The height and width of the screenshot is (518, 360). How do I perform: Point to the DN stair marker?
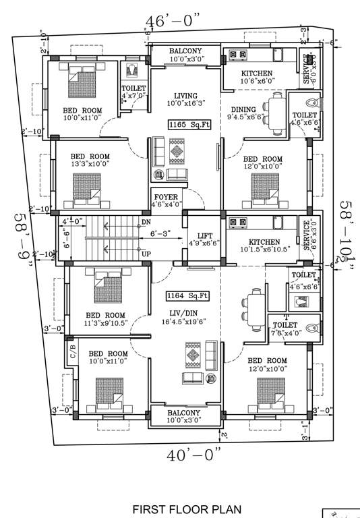146,222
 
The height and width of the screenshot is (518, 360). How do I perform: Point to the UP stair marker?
146,253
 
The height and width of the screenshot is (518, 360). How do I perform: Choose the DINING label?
243,109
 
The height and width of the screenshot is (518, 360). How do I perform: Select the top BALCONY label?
185,51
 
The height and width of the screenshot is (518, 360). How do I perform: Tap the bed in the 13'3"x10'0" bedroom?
87,190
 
